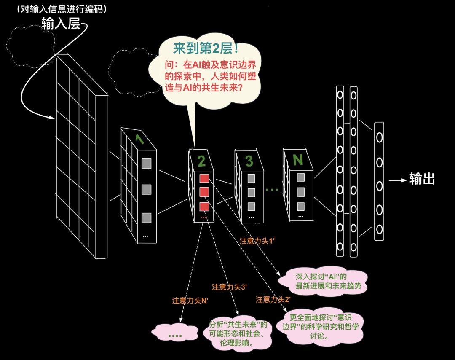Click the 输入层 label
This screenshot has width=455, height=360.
61,23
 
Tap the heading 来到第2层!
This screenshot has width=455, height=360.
206,48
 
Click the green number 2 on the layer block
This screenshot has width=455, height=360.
201,161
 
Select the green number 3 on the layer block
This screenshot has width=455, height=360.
249,161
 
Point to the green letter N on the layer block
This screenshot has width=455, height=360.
298,160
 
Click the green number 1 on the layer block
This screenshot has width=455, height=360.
139,139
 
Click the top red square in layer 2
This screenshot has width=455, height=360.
204,178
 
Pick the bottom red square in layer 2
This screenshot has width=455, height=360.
204,207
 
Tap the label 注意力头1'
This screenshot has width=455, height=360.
257,241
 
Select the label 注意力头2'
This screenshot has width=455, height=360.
273,299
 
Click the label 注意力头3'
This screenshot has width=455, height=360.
229,287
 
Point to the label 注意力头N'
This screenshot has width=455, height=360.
190,301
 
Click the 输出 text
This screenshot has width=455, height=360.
422,179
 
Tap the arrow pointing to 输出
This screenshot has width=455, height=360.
398,180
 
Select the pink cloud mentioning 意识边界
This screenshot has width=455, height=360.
320,327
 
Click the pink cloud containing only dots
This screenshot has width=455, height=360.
175,332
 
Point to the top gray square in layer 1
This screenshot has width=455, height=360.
146,164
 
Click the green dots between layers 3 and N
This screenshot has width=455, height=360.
272,190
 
